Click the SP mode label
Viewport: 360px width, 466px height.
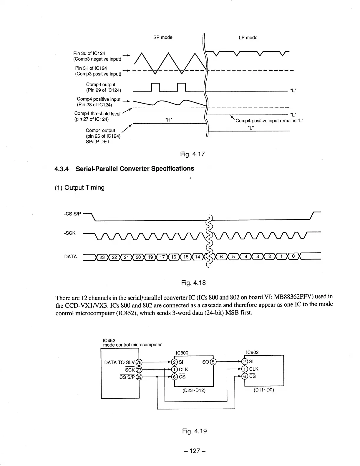163,37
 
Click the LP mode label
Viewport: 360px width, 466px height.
248,38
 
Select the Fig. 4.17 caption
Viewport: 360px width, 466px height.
193,154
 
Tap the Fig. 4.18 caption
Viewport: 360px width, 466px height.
193,283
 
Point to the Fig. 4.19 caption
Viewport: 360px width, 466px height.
194,431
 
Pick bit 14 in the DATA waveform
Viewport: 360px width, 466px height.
198,257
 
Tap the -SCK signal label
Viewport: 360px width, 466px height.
70,233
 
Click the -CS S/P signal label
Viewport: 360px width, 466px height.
73,214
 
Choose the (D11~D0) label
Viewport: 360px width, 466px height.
264,391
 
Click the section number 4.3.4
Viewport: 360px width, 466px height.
62,169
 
